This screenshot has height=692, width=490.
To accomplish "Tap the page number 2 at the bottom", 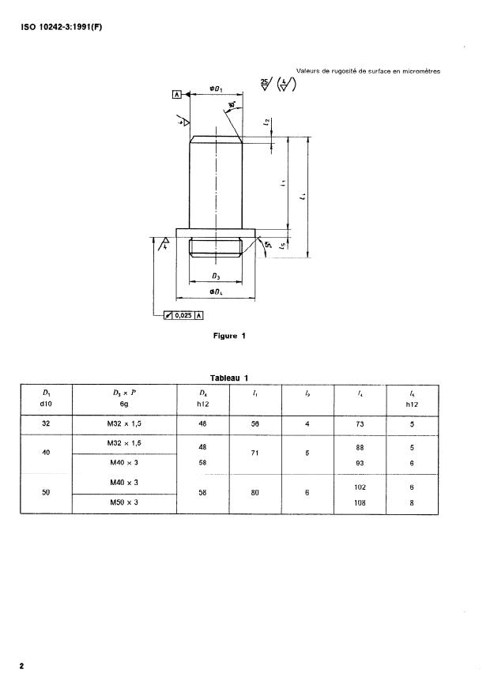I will click(22, 666).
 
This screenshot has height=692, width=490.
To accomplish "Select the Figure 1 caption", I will click(230, 336).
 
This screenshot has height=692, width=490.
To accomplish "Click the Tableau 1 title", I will click(229, 378).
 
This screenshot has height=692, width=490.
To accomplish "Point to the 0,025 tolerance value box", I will click(179, 315).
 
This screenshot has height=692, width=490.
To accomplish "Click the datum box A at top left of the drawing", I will click(177, 94).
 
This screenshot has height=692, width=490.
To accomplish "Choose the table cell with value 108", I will click(360, 502).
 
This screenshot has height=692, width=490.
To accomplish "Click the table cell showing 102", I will click(360, 487).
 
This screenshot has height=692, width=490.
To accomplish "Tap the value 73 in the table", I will click(360, 423).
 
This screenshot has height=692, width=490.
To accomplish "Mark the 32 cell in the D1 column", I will click(46, 423).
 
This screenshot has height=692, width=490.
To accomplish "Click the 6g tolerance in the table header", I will click(125, 401).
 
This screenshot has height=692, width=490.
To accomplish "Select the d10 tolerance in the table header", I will click(46, 401).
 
